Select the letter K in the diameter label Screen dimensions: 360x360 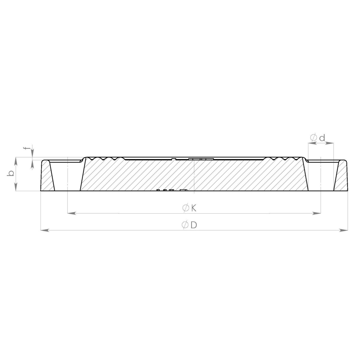194,208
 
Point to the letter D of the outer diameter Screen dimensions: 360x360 194,225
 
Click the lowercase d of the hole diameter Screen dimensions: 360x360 322,138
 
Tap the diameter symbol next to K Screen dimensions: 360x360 185,208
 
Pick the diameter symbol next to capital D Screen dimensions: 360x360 185,225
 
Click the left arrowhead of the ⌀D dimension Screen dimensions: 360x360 45,230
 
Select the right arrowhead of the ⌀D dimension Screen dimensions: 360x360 343,230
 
